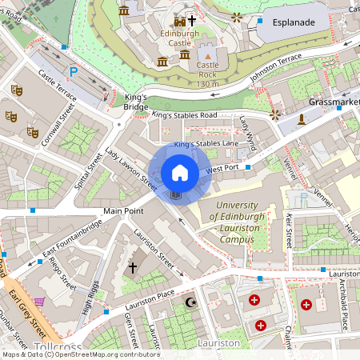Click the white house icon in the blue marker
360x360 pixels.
[180, 172]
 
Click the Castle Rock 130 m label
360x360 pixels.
[207, 74]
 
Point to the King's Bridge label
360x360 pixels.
[137, 101]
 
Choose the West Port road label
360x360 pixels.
[222, 169]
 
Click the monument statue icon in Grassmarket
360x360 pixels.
[301, 120]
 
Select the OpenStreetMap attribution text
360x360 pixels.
[80, 354]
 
